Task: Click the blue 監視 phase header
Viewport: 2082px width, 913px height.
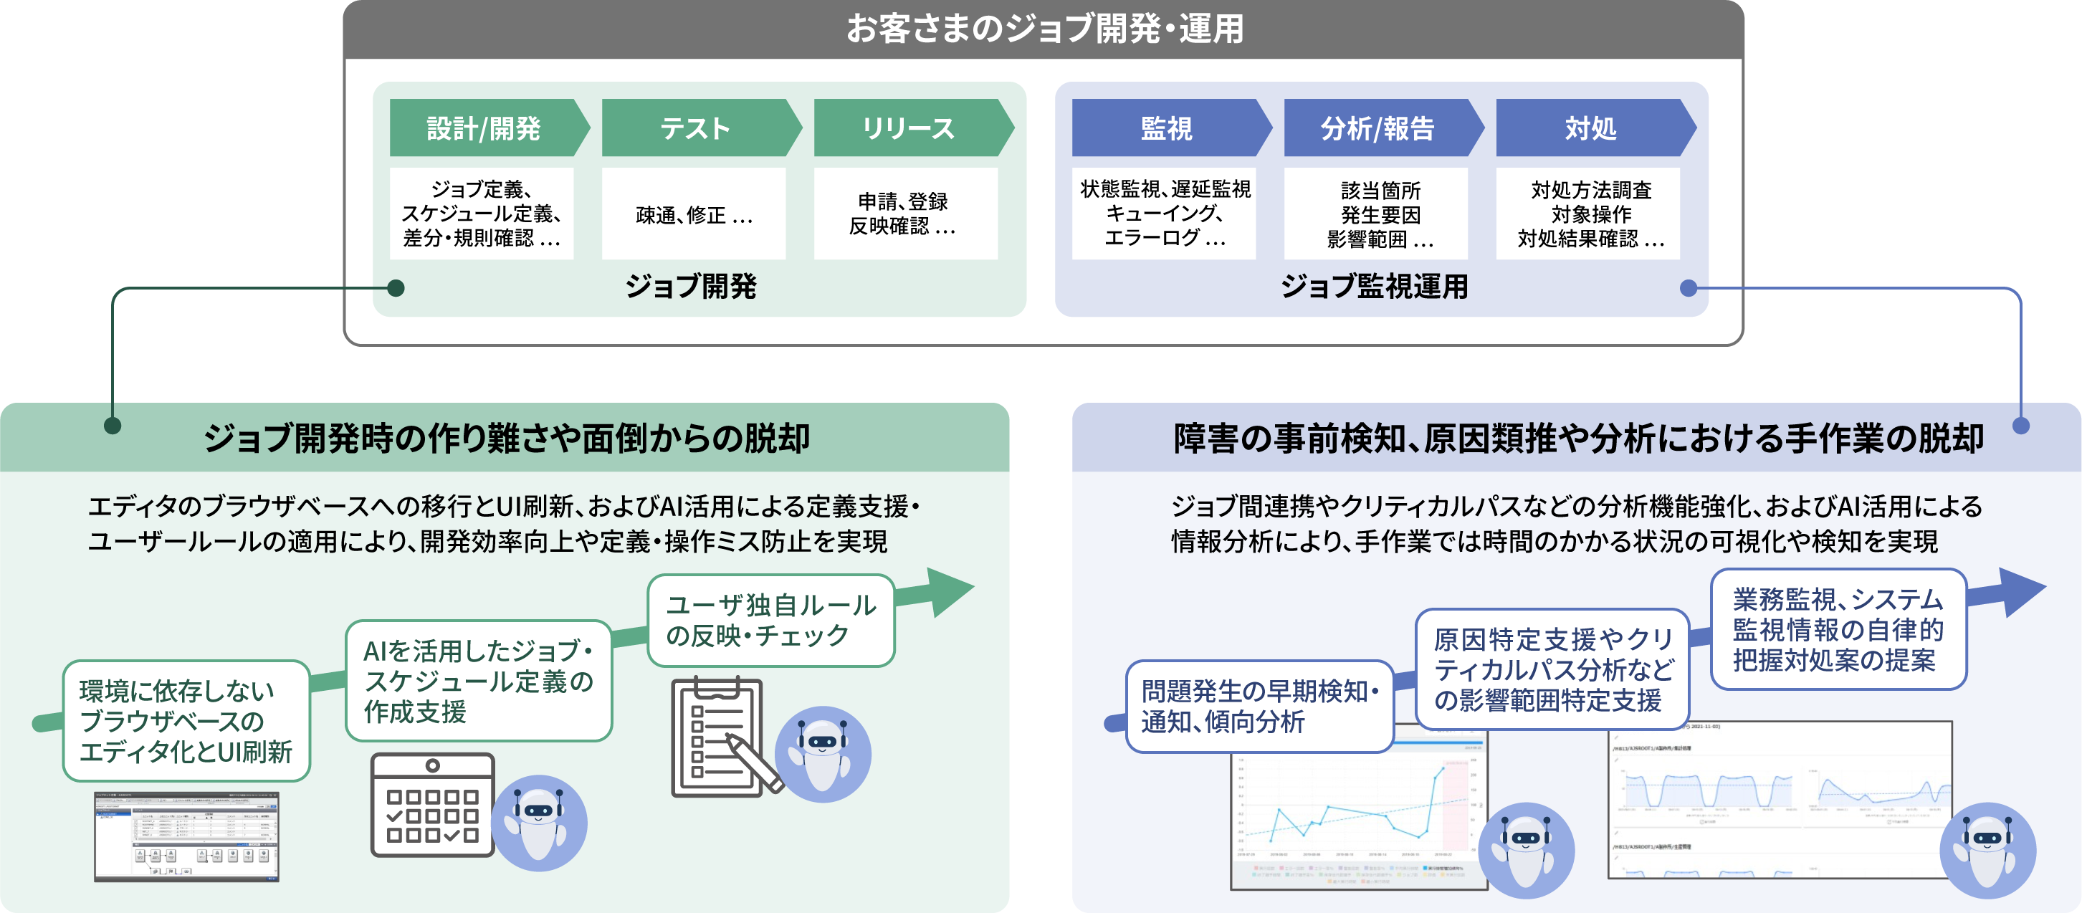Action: click(1167, 128)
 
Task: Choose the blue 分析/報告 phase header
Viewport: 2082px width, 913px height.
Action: click(1379, 128)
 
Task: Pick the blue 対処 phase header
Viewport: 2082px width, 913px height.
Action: click(1590, 128)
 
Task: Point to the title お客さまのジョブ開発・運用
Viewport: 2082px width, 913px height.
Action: click(1044, 29)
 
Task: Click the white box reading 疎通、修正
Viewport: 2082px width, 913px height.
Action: click(694, 214)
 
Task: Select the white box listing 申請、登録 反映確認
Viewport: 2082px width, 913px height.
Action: click(905, 214)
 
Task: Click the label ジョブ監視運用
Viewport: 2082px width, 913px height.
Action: click(1374, 286)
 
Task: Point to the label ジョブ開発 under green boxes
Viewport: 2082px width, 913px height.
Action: click(691, 286)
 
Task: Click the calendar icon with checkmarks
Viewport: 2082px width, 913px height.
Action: click(432, 805)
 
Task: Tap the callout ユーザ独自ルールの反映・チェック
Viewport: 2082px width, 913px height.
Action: click(771, 621)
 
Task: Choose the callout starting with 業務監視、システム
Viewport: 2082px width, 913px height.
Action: click(1838, 629)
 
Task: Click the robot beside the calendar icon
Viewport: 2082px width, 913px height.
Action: click(539, 823)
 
